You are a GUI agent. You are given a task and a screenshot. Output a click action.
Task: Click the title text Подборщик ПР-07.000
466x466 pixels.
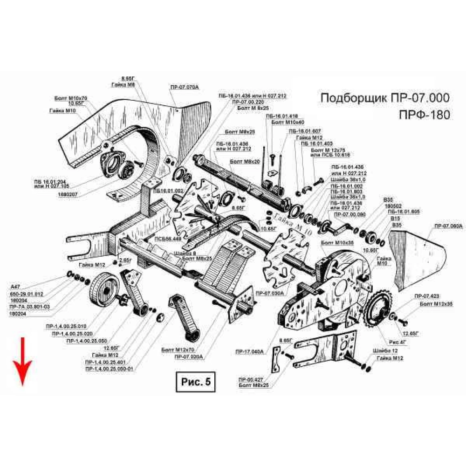tap(385, 98)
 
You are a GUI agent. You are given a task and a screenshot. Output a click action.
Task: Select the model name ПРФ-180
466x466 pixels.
tap(425, 115)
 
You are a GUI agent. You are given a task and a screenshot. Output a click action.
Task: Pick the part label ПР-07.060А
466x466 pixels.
tap(448, 226)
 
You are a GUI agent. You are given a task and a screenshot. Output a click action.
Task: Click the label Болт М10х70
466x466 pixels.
tap(71, 98)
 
